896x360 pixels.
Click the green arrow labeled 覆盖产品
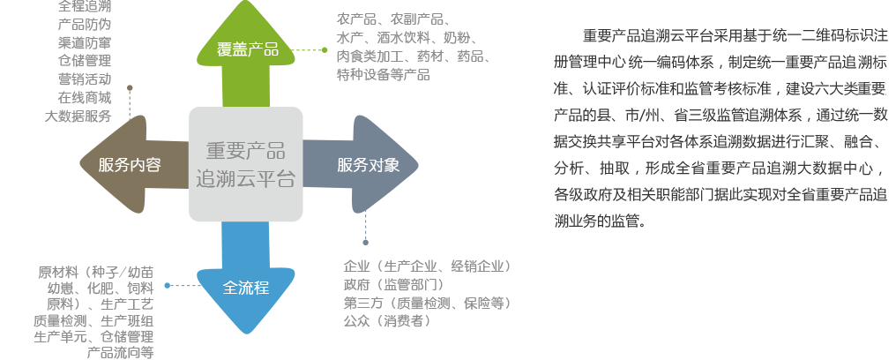tap(247, 49)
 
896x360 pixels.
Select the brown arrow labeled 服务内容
tap(130, 164)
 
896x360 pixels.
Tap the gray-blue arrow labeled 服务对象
tap(368, 164)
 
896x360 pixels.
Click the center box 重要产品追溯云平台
tap(246, 164)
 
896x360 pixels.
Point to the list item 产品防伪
tap(83, 24)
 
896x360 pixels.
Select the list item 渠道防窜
tap(83, 42)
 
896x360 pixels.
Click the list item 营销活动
tap(83, 79)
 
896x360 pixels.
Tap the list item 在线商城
tap(83, 98)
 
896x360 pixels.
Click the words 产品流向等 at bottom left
tap(120, 353)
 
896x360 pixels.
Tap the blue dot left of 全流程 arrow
tap(168, 286)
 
